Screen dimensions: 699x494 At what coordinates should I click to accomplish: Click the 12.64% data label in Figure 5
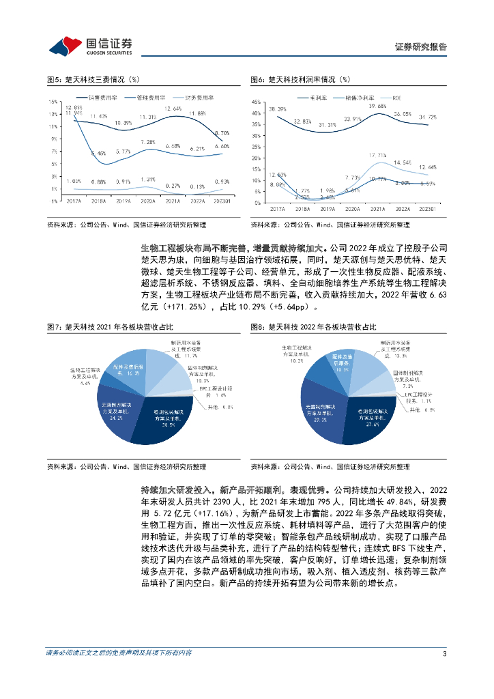coord(173,109)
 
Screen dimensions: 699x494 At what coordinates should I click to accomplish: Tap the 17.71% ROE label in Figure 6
coord(377,156)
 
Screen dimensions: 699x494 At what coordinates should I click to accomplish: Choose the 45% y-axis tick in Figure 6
coord(256,102)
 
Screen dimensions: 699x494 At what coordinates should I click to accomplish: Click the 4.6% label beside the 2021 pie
coord(86,384)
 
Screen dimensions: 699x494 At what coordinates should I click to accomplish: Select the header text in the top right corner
coord(421,46)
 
